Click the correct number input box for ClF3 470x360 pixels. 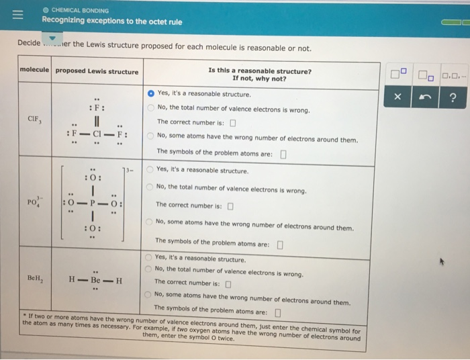pos(232,122)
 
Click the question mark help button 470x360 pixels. pos(452,97)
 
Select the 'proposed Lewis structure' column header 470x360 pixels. pos(97,71)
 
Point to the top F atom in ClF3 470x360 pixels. pos(97,107)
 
